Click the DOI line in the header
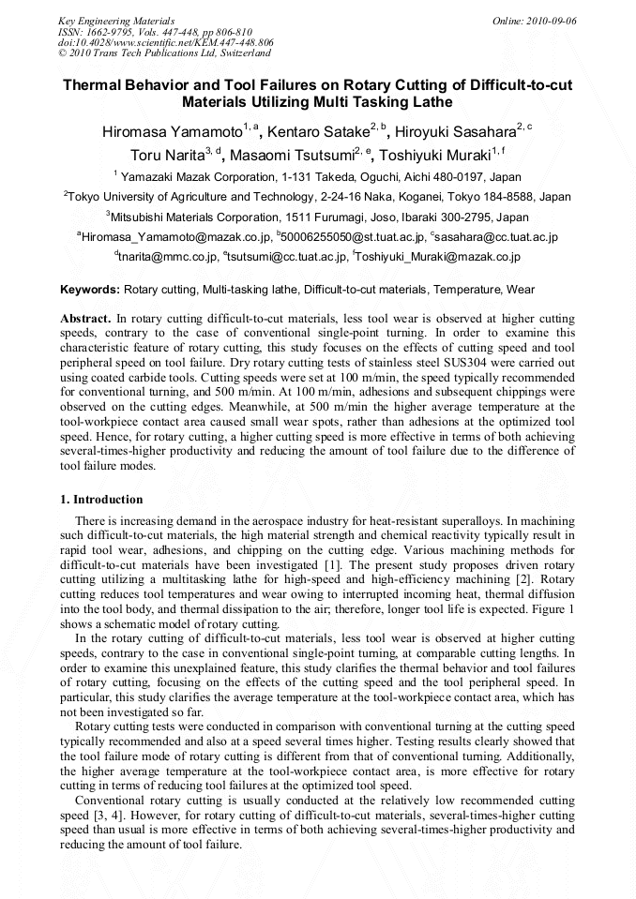point(165,43)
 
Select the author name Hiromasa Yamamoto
point(172,132)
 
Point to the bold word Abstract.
point(86,319)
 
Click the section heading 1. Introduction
point(101,500)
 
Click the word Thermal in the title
point(95,85)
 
